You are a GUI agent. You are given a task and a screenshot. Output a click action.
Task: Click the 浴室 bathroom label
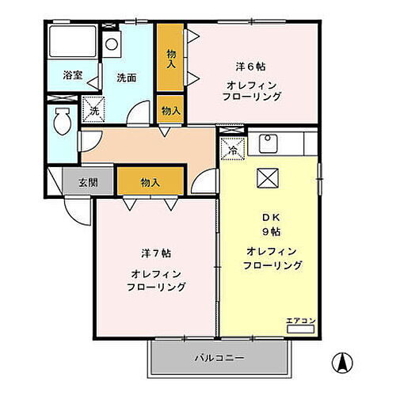point(73,77)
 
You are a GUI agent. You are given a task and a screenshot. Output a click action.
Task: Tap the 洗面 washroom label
point(127,78)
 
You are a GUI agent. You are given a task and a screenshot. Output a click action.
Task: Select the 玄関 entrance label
point(88,182)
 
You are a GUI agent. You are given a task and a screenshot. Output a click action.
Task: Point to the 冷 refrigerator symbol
point(234,147)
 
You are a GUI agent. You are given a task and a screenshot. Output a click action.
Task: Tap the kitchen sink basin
point(266,143)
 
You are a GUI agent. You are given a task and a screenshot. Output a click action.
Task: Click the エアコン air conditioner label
point(301,320)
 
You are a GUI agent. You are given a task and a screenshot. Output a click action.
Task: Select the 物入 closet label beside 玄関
point(150,182)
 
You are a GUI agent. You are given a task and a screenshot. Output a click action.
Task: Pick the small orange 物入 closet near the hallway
point(170,110)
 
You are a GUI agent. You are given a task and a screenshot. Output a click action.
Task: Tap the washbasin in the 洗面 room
point(112,44)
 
